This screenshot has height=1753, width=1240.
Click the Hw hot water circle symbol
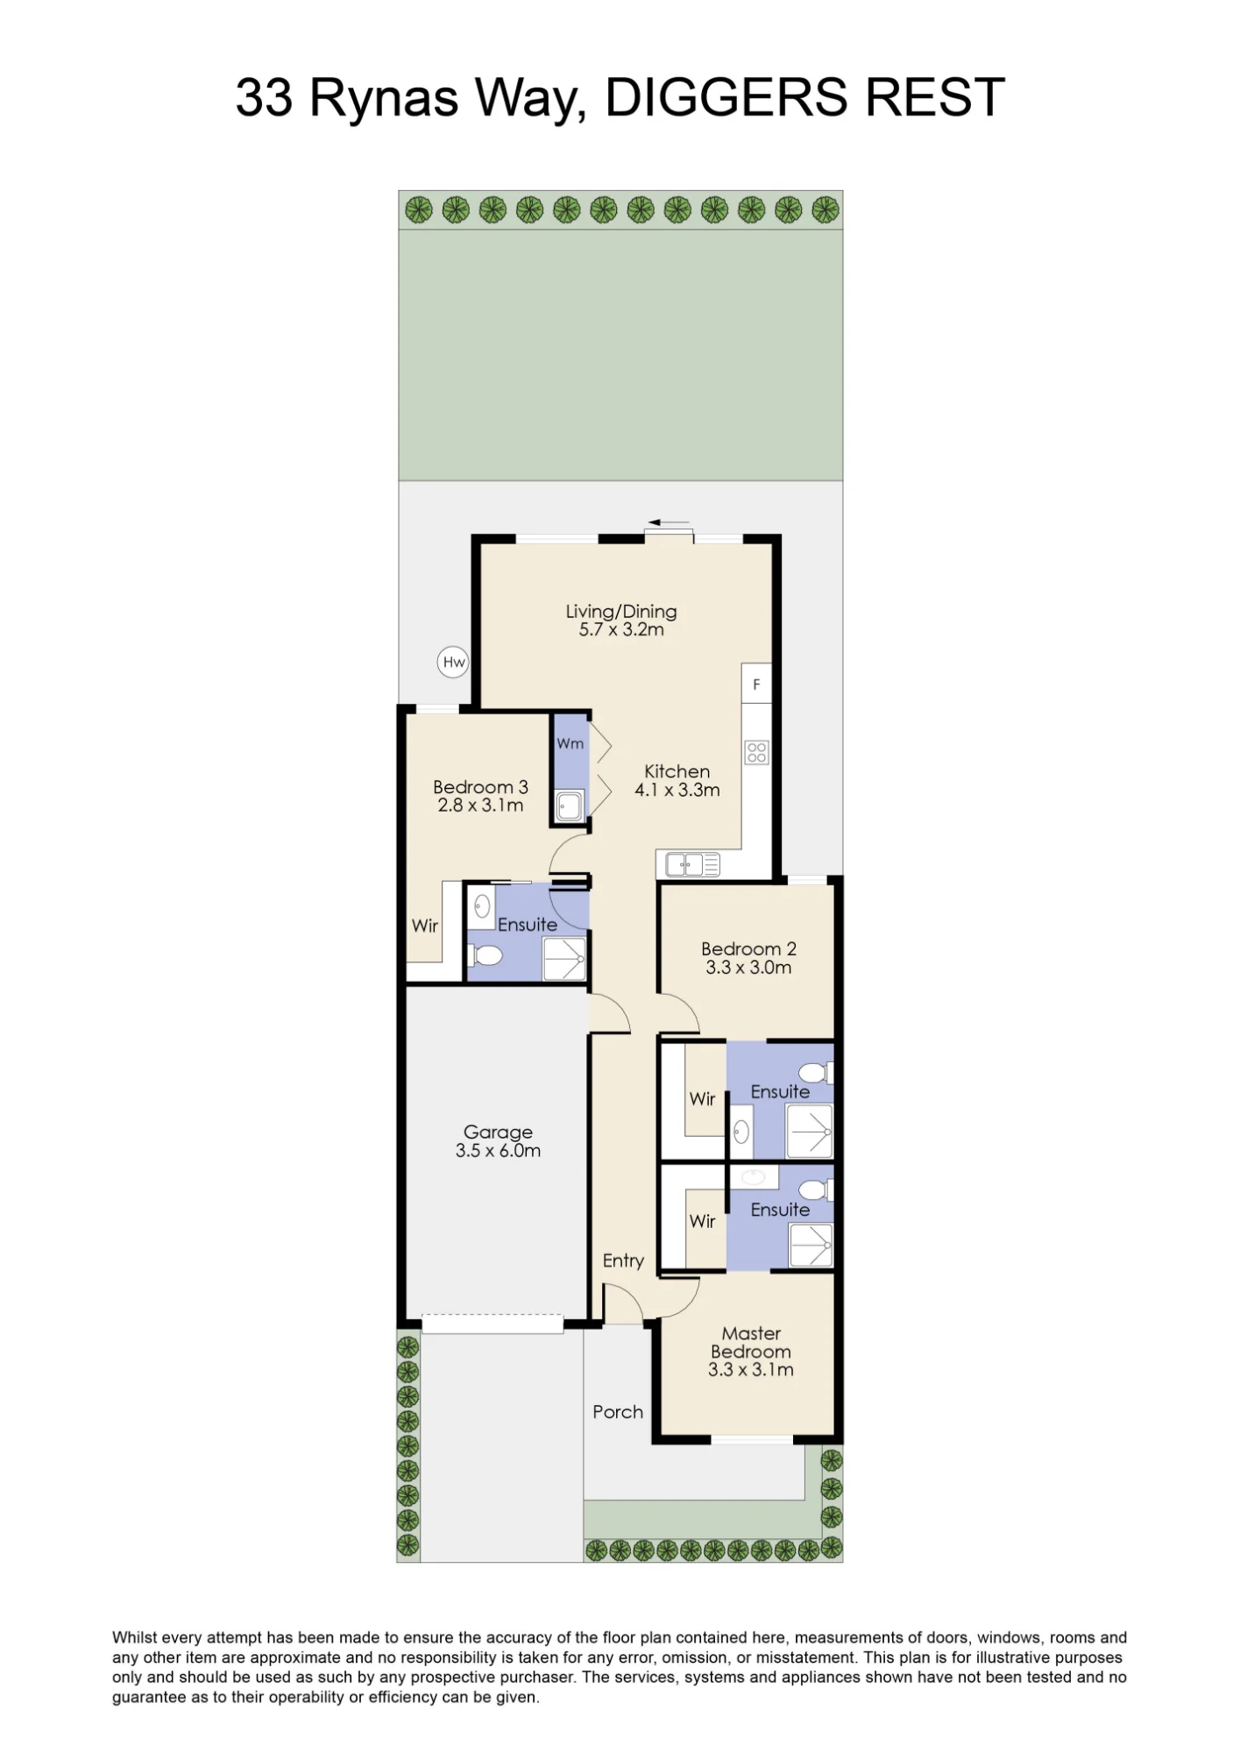[453, 662]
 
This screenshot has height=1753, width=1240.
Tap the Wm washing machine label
[570, 743]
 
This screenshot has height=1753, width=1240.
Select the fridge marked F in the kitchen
[756, 683]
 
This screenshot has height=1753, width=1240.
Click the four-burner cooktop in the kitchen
[756, 752]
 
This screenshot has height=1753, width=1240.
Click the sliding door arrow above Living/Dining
[668, 523]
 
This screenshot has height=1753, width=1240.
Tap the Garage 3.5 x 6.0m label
[498, 1141]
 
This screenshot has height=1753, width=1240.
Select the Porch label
[618, 1412]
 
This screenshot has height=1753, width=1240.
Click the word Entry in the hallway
[623, 1260]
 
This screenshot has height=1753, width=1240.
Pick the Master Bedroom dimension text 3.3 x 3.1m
[751, 1370]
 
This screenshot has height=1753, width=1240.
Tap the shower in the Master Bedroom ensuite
[811, 1246]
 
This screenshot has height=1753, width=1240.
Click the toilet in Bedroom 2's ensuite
[816, 1073]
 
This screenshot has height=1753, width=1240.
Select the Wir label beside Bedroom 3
[425, 926]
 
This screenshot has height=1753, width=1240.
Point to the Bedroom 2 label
[748, 949]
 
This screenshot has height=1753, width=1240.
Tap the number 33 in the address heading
[264, 97]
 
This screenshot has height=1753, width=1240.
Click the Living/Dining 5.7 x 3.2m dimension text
[621, 629]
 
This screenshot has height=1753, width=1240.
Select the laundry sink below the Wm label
[570, 806]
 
